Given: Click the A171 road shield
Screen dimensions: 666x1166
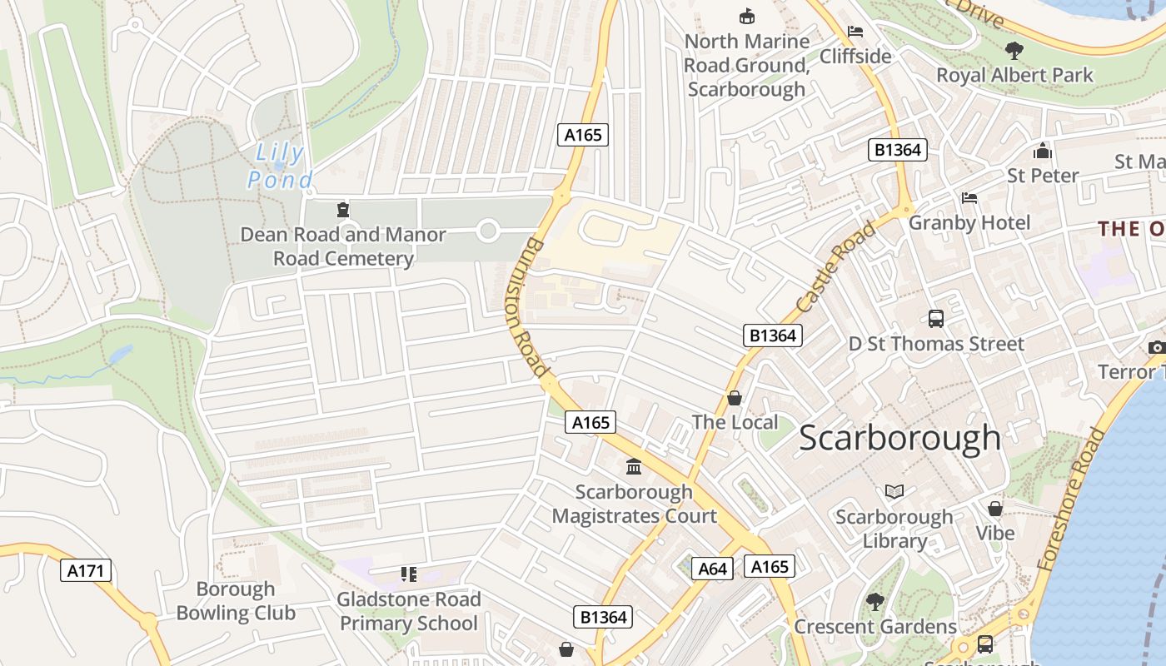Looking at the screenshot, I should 87,570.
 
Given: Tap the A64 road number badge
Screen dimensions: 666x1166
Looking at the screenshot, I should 713,569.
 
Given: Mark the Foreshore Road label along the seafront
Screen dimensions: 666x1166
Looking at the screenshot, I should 1074,499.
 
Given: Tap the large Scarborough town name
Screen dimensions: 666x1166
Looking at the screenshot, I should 899,438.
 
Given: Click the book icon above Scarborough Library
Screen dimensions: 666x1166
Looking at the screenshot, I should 894,492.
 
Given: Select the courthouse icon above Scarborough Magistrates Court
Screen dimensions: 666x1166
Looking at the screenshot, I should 634,466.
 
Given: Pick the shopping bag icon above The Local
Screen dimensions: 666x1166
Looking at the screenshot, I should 735,398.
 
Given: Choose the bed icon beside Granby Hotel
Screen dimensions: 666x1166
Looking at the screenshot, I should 969,198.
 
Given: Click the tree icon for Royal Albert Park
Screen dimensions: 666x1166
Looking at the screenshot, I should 1014,51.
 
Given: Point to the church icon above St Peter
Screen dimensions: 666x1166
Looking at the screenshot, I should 1042,152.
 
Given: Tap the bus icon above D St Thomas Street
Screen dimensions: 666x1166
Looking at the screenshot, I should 936,318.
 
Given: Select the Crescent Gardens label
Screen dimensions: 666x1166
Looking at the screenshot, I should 875,626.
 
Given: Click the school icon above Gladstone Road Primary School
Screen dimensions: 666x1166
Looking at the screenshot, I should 408,574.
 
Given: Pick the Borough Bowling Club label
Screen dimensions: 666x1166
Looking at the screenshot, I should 236,601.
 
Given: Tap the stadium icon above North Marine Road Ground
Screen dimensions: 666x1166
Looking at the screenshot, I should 746,16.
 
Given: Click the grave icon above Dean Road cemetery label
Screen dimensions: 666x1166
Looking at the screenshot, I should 342,209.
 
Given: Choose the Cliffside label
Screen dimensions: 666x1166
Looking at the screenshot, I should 855,56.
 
